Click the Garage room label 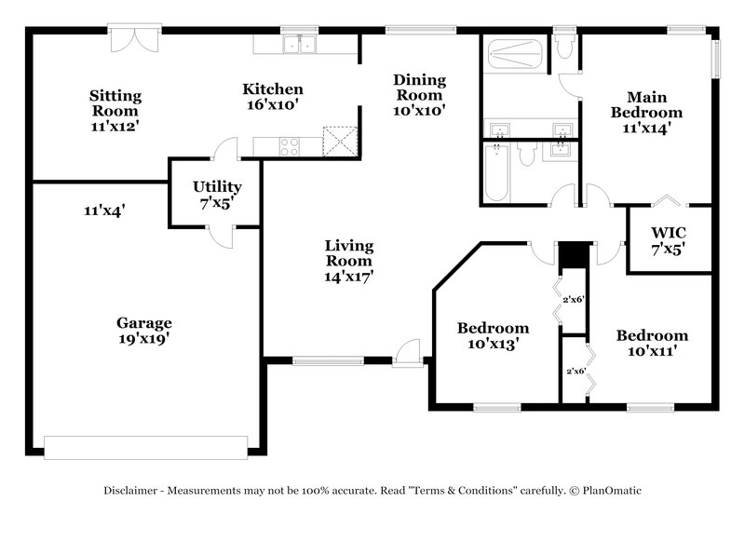(x=143, y=332)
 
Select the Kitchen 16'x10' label (x=273, y=96)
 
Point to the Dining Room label (x=420, y=94)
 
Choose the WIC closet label (x=669, y=238)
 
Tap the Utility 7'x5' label (x=217, y=195)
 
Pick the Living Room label (x=348, y=261)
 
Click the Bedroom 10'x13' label (x=493, y=335)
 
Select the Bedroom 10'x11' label (x=652, y=343)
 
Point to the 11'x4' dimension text (x=104, y=211)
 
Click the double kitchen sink (x=302, y=44)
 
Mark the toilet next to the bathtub (x=527, y=155)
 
